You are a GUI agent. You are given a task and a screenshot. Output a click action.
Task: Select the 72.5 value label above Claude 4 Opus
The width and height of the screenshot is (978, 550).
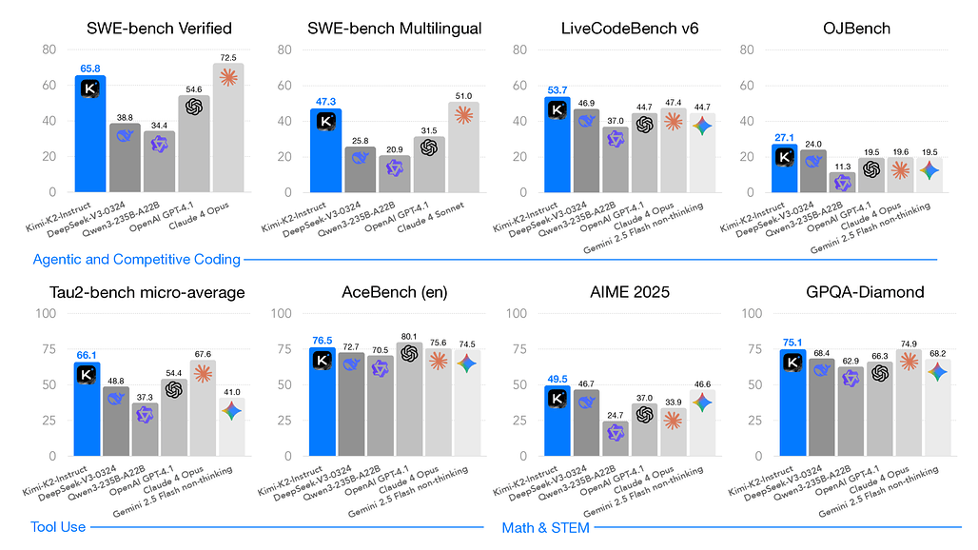pyautogui.click(x=228, y=59)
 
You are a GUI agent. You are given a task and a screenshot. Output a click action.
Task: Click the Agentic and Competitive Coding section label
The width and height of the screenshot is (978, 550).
pyautogui.click(x=136, y=259)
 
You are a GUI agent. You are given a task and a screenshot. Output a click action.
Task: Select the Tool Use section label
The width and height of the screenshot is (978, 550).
pyautogui.click(x=59, y=526)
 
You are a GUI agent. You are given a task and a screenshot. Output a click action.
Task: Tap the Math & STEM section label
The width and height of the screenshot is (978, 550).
pyautogui.click(x=545, y=526)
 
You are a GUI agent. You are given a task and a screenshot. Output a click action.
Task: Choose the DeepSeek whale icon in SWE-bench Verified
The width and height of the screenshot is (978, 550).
pyautogui.click(x=124, y=136)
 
